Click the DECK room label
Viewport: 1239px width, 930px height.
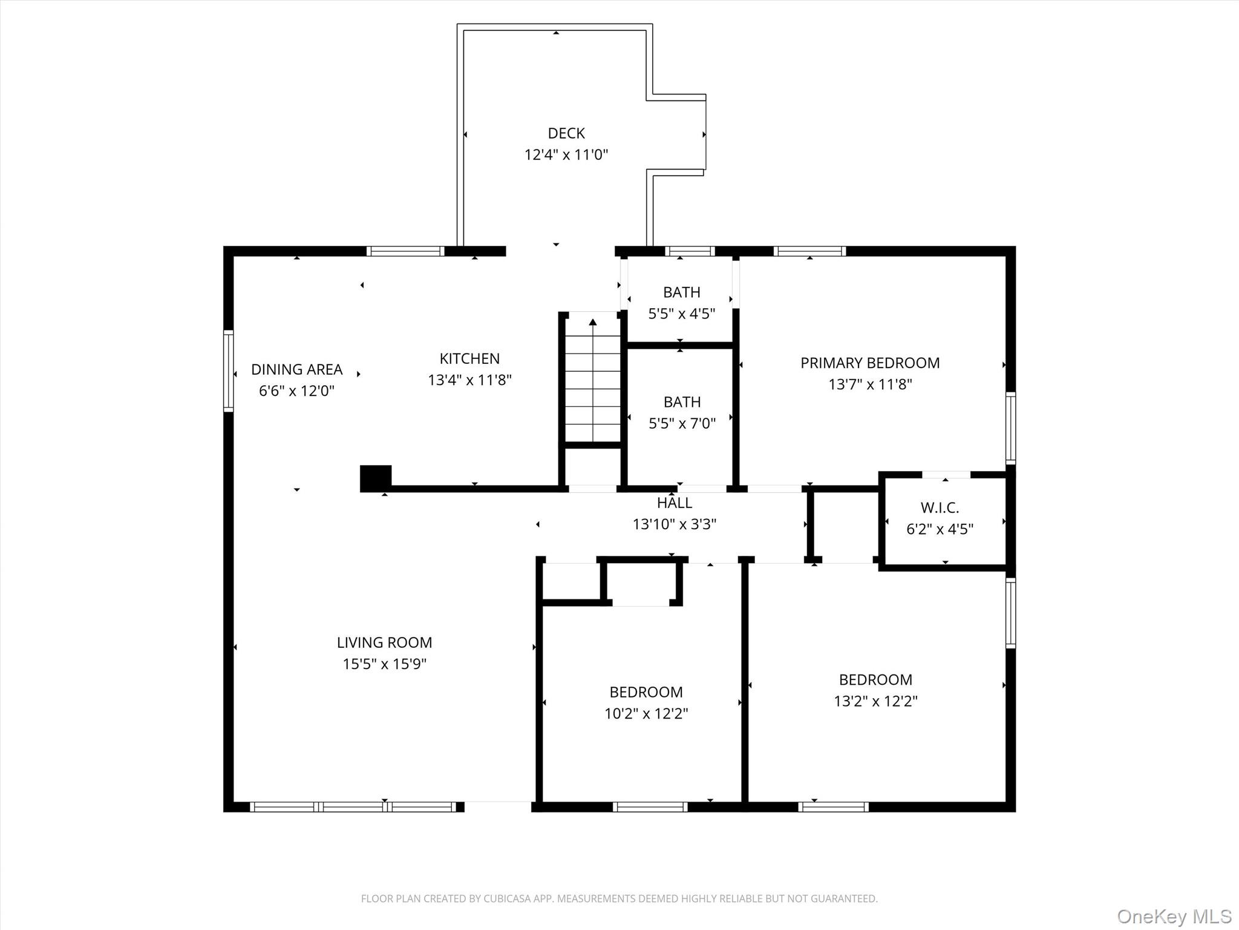566,133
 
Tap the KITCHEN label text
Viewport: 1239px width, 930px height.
469,358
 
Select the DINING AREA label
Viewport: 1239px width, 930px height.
296,369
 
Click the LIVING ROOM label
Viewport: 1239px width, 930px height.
384,642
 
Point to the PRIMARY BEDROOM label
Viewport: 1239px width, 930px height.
870,363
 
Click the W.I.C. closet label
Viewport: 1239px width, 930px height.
940,507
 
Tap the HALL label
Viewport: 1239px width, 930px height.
675,503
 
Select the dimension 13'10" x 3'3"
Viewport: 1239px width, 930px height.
675,524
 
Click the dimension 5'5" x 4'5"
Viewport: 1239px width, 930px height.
682,314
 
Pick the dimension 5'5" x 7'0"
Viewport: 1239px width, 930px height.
682,423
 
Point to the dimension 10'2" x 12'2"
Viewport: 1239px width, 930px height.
646,713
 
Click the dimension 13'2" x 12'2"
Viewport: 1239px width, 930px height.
875,701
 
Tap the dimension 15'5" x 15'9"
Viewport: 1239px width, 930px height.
384,664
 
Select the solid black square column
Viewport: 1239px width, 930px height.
376,478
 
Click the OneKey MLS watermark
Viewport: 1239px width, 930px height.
1174,916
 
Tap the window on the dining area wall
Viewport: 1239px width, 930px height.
228,371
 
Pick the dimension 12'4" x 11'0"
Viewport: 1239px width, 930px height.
566,154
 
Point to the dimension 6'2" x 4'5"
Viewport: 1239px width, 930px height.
940,529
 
